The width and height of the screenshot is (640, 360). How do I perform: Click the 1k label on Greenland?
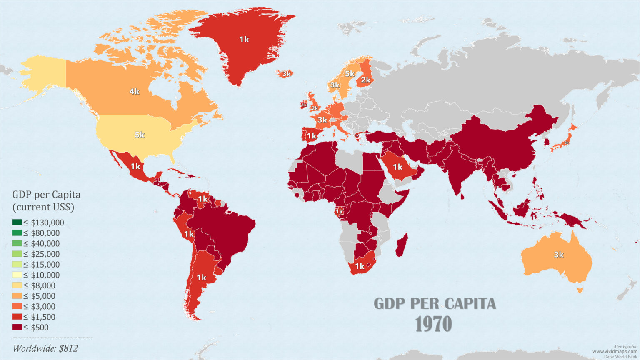tap(244, 40)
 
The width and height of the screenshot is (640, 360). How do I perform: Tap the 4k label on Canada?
tap(134, 91)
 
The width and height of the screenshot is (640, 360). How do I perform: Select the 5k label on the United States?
tap(140, 135)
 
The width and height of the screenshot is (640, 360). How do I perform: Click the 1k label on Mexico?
tap(135, 166)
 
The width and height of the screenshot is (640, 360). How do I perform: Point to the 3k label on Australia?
tap(558, 255)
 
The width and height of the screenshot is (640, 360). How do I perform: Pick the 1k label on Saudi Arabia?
tap(397, 167)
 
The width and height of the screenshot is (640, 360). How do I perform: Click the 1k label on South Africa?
tap(359, 266)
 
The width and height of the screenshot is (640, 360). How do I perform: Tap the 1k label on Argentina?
tap(201, 277)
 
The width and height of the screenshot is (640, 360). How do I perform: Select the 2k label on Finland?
tap(366, 80)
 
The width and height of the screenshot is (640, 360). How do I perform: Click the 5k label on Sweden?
tap(349, 74)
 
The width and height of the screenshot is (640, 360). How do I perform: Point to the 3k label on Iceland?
tap(286, 74)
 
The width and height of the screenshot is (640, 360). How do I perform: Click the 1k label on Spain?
tap(312, 136)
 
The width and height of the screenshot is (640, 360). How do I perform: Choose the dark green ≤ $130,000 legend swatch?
tap(17, 222)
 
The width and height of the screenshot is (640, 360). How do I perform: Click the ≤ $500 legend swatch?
tap(17, 327)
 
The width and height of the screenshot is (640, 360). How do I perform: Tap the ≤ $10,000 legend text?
tap(41, 275)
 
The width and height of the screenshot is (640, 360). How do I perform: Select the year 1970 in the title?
tap(434, 324)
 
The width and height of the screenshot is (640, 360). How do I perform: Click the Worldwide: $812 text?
tap(45, 348)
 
